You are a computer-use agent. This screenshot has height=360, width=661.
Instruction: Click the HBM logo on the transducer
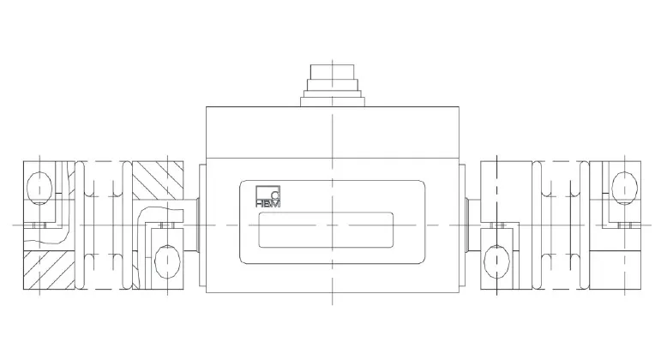pyautogui.click(x=268, y=198)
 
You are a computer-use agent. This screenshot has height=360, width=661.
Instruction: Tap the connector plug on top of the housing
pyautogui.click(x=331, y=82)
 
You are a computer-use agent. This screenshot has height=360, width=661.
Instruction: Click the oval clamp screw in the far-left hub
pyautogui.click(x=39, y=185)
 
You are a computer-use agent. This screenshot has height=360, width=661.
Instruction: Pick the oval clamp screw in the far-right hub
pyautogui.click(x=624, y=183)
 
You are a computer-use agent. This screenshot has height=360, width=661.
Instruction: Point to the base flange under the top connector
pyautogui.click(x=331, y=99)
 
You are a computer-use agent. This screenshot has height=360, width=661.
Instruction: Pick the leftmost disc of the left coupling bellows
pyautogui.click(x=77, y=224)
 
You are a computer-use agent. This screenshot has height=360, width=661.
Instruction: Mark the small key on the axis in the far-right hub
pyautogui.click(x=626, y=225)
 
